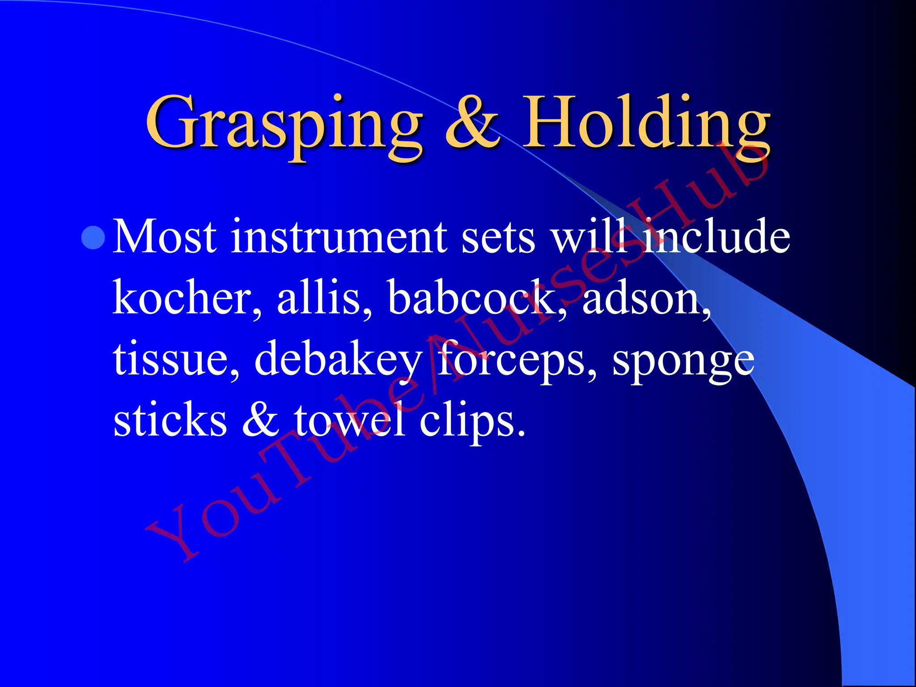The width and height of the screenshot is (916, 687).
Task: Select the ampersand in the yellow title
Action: click(x=472, y=123)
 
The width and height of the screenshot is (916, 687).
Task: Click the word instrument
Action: click(x=338, y=237)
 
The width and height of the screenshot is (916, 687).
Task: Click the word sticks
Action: click(x=170, y=420)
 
